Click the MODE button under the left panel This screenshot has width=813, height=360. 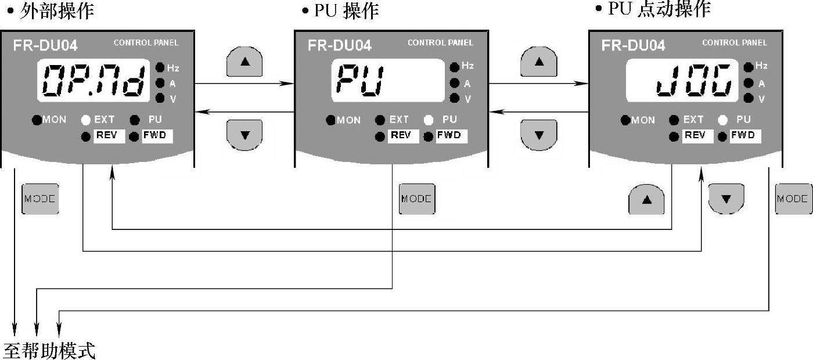click(x=40, y=199)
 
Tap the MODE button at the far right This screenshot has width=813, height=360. click(x=793, y=199)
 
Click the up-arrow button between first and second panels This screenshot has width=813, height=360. click(x=244, y=61)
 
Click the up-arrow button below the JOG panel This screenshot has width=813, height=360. click(x=646, y=199)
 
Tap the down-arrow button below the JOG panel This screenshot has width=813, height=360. click(x=726, y=199)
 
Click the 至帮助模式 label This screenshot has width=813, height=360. click(x=49, y=351)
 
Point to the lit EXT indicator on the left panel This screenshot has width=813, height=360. click(x=85, y=120)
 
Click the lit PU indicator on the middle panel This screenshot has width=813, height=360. click(x=429, y=120)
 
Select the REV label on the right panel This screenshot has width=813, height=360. click(x=695, y=136)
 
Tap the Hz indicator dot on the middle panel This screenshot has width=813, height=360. click(x=455, y=67)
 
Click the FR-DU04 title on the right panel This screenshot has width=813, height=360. click(x=633, y=45)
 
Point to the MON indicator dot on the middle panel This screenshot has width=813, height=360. click(x=331, y=120)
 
